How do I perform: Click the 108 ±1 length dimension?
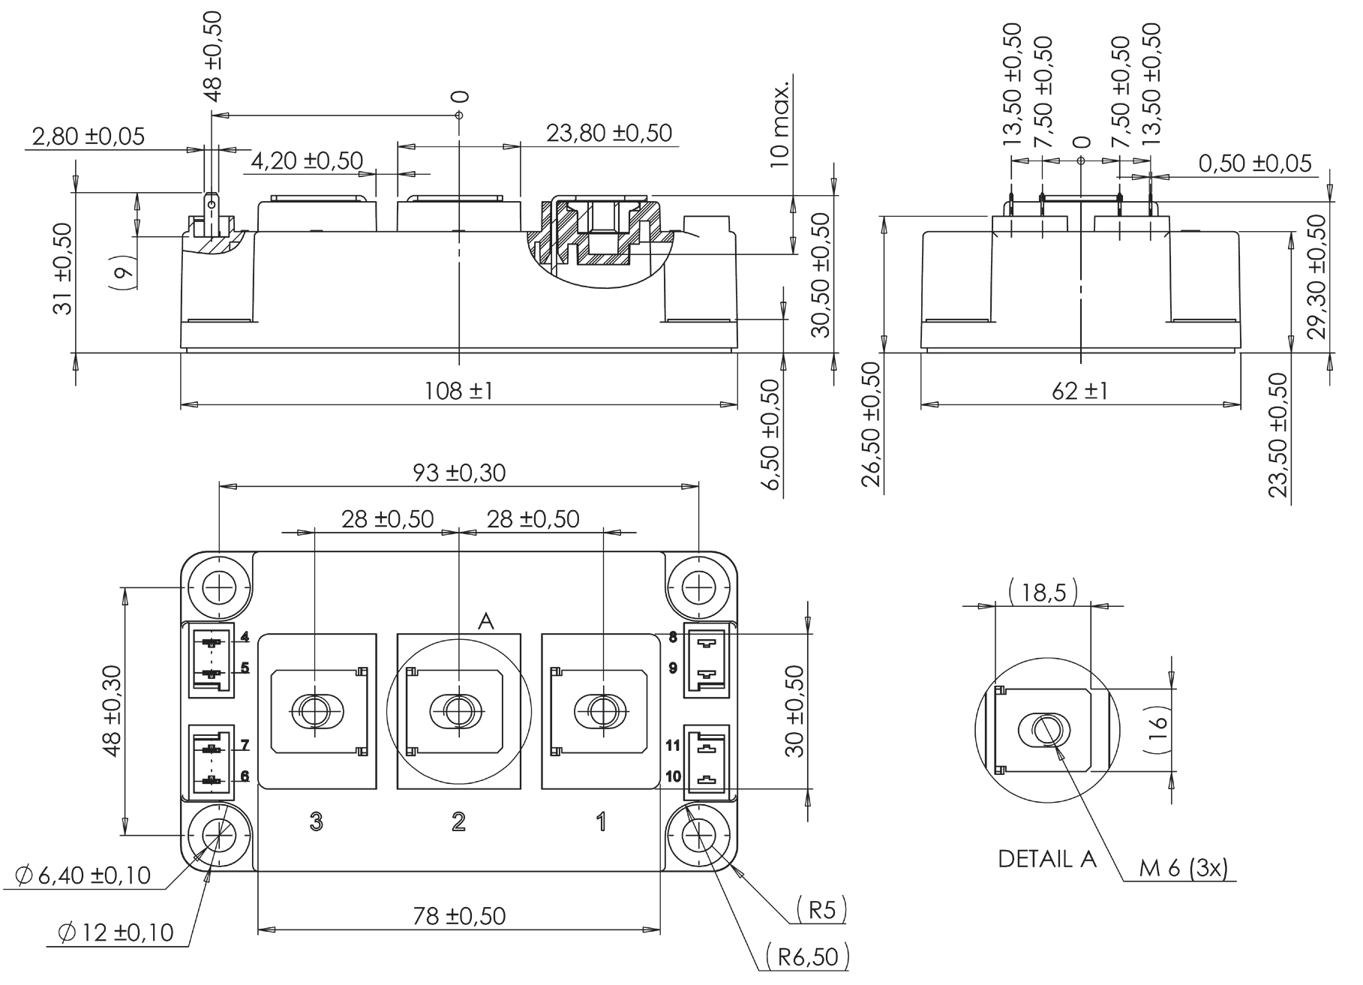point(458,391)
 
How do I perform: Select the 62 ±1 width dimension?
point(1079,391)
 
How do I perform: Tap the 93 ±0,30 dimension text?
point(459,473)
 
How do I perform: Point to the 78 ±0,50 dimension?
point(459,915)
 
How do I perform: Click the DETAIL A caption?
point(1047,859)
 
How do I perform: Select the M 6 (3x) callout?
point(1183,868)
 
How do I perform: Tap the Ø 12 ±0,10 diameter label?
point(116,932)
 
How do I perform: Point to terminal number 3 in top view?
point(316,822)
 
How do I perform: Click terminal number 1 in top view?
point(601,822)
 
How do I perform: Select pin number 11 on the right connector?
point(672,746)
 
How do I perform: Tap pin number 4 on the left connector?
point(245,638)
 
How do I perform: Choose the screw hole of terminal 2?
point(458,709)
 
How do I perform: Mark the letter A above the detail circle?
point(485,621)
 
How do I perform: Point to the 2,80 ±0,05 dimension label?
point(88,136)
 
